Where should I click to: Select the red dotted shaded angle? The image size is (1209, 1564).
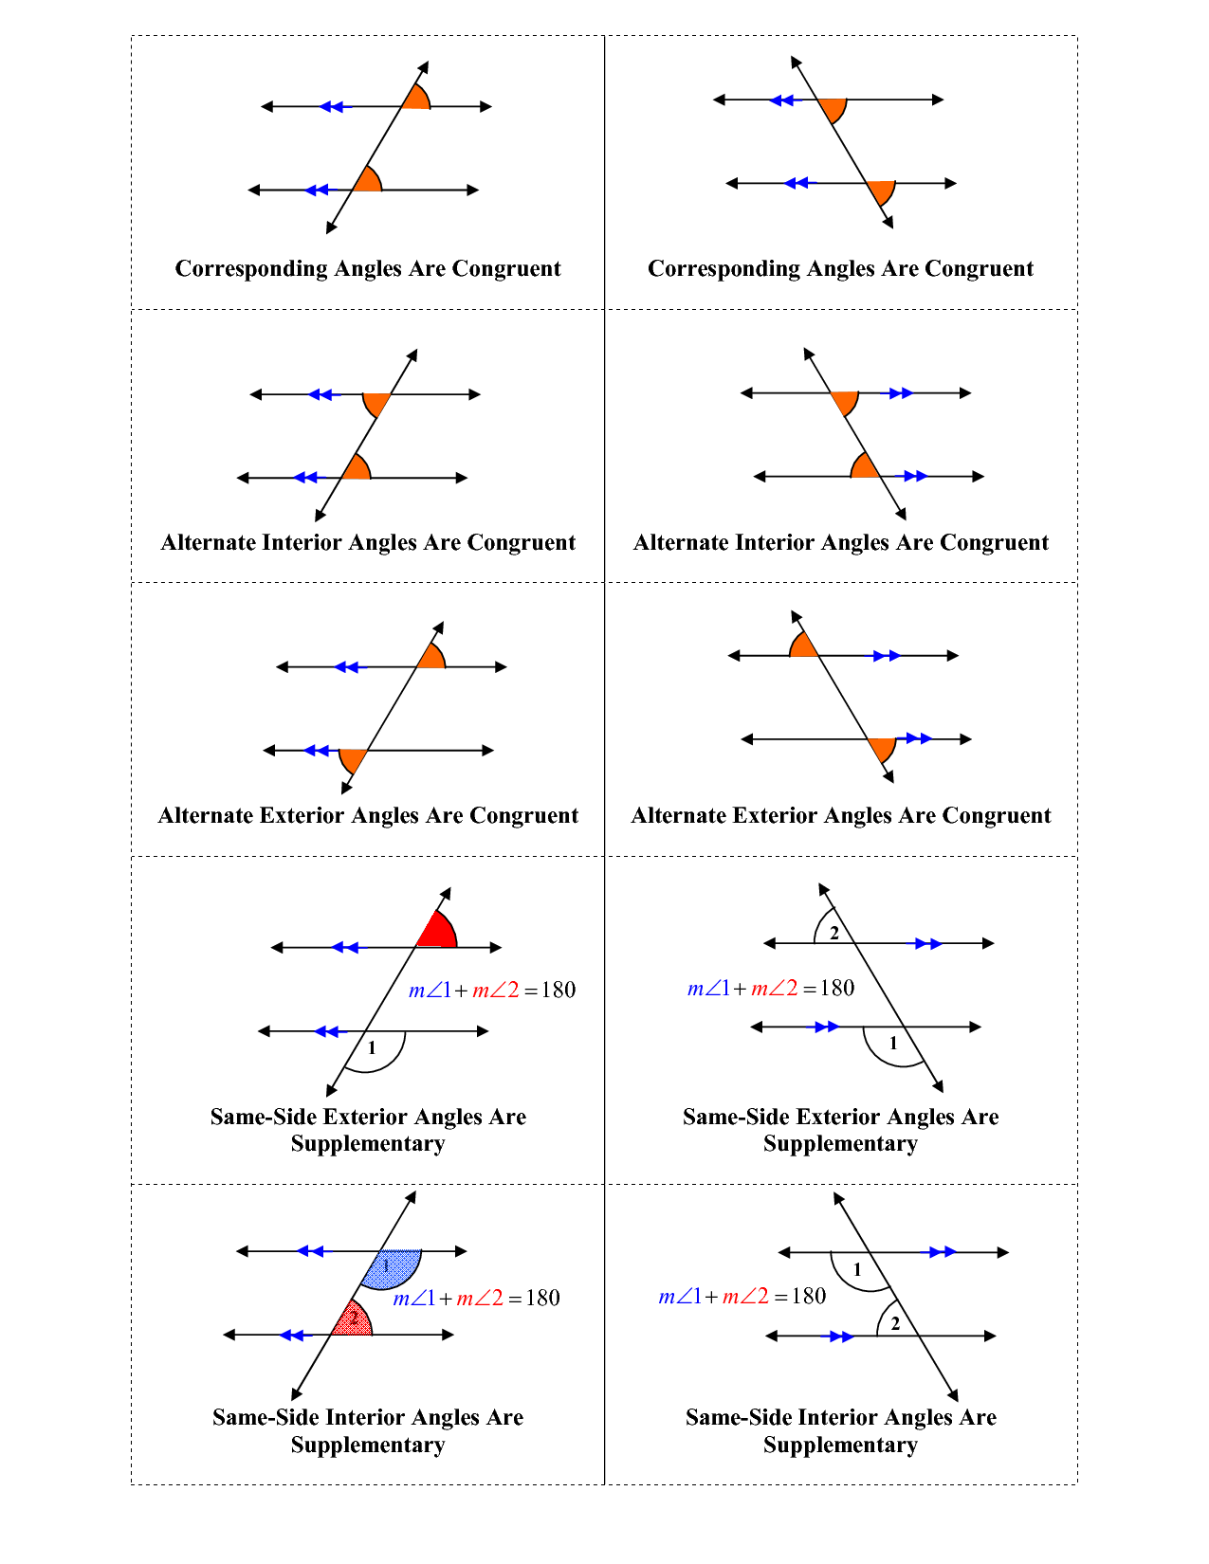point(353,1319)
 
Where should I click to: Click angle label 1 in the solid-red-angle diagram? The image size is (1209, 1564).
point(372,1048)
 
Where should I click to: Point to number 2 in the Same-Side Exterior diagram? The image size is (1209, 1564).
point(833,933)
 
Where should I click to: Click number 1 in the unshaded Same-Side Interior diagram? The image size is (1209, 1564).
point(857,1269)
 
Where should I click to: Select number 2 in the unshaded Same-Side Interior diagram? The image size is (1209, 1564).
point(895,1323)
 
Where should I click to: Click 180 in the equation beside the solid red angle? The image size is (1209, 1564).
point(559,990)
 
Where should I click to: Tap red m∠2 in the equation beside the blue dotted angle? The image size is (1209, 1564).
point(480,1298)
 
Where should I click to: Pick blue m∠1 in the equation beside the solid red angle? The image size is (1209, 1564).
point(430,990)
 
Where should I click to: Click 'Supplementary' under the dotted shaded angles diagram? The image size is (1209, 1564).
point(368,1446)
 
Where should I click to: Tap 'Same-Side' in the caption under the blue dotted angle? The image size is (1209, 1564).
point(265,1416)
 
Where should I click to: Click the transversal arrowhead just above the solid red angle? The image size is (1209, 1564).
point(446,894)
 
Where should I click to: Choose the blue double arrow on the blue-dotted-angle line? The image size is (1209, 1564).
point(310,1251)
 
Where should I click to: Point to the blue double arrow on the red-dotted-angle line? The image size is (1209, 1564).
point(292,1336)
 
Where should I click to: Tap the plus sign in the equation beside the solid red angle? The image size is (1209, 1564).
point(461,991)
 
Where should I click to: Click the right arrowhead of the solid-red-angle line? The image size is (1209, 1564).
point(495,947)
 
